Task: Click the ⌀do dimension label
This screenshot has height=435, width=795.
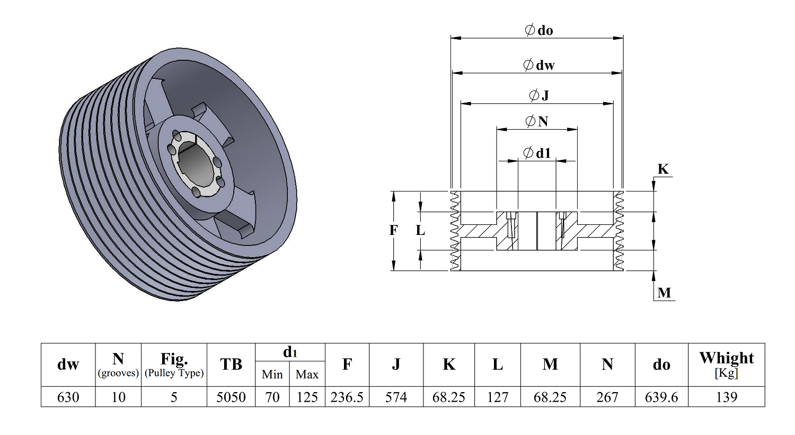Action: tap(539, 30)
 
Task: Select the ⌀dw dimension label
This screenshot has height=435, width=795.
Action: tap(539, 65)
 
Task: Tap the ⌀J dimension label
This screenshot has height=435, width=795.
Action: tap(539, 95)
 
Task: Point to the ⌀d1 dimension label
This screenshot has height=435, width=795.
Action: tap(537, 153)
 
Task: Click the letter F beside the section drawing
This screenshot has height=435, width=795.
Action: tap(393, 230)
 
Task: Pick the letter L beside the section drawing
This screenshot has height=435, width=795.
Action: tap(420, 231)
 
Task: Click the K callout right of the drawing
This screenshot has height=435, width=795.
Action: tap(663, 169)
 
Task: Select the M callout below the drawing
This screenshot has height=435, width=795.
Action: tap(664, 293)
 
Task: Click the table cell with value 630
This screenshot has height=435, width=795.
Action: tap(68, 397)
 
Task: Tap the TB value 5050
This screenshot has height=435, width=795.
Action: tap(231, 397)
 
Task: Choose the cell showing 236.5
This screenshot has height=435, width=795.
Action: tap(347, 397)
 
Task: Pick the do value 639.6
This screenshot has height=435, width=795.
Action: tap(661, 397)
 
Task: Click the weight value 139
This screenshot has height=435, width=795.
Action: tap(727, 397)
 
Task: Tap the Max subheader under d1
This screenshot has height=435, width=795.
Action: tap(307, 375)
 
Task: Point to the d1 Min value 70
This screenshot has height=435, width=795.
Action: tap(272, 397)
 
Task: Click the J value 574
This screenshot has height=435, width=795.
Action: tap(396, 397)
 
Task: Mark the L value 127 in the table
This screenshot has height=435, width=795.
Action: tap(498, 397)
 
